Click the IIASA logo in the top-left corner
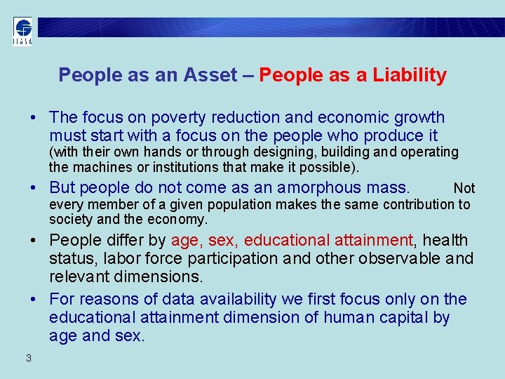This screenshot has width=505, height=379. click(22, 30)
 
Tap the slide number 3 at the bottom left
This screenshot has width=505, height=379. click(28, 358)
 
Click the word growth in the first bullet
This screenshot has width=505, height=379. click(420, 117)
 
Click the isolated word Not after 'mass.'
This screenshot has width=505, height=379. click(464, 188)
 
